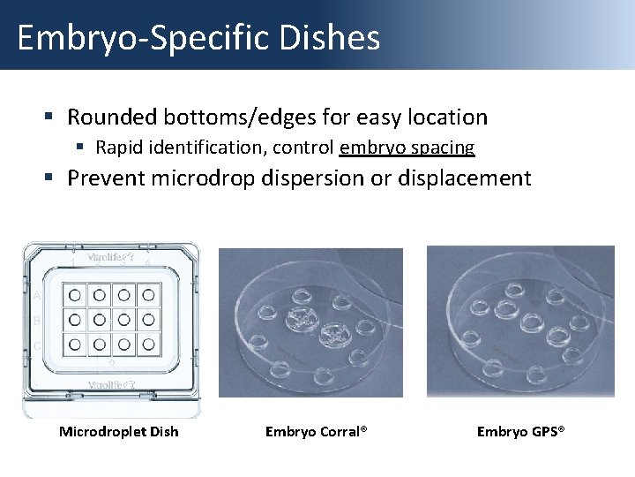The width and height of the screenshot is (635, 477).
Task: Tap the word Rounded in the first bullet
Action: (x=112, y=117)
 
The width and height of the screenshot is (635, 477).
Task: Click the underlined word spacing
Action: (x=440, y=148)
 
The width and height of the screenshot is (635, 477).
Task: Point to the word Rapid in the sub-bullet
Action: (x=117, y=148)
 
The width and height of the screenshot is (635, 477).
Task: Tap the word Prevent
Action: (x=106, y=178)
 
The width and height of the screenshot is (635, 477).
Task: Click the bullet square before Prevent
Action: (x=51, y=178)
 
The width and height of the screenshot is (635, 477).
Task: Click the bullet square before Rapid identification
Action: (x=79, y=148)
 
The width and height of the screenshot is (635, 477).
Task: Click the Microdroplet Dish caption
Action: (x=118, y=431)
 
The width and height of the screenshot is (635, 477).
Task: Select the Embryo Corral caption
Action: (x=316, y=431)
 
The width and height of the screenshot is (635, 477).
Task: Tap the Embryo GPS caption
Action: (x=520, y=431)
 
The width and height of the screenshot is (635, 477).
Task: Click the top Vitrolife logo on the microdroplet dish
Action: (x=110, y=259)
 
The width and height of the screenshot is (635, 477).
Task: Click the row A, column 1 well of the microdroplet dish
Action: (x=76, y=294)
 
